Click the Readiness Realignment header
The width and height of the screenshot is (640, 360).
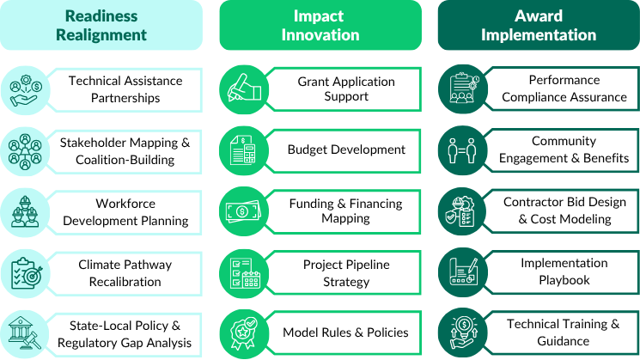click(x=101, y=25)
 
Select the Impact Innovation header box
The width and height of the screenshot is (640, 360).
click(x=320, y=25)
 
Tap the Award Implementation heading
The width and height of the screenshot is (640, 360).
click(x=539, y=25)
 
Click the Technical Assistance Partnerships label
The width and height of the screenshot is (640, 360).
click(x=125, y=89)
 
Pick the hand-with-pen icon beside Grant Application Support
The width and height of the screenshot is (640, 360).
click(x=244, y=89)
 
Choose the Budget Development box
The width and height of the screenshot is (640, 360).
click(x=346, y=150)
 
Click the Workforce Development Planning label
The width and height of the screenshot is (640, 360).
click(x=125, y=212)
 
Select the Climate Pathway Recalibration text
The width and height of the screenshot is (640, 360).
click(x=125, y=273)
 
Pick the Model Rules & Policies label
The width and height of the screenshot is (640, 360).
click(x=345, y=333)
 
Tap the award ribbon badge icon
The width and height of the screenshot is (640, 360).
click(x=244, y=334)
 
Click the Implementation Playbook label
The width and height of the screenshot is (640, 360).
click(x=564, y=272)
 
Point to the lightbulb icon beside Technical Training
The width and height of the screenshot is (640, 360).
click(x=463, y=333)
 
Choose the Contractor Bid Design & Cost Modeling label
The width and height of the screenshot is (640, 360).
click(x=564, y=211)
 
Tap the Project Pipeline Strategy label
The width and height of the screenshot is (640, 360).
click(x=346, y=273)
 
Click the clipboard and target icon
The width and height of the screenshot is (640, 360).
click(x=25, y=273)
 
